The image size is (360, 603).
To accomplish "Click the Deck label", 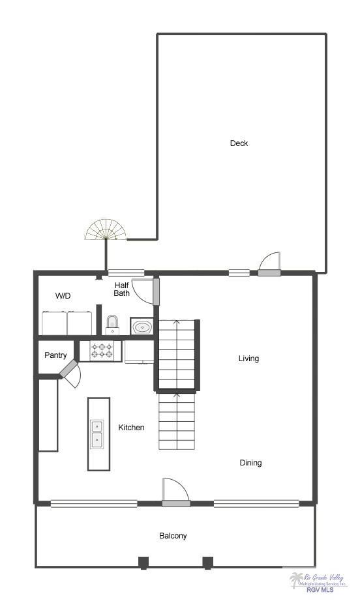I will click(239, 143).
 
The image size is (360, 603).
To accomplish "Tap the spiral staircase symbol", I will click(106, 230).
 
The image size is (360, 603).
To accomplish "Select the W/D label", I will click(63, 296).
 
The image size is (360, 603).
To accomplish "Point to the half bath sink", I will click(142, 326).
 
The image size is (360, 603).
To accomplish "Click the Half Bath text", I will click(122, 289).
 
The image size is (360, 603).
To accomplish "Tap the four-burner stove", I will click(101, 351).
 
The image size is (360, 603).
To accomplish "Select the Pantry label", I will click(55, 355).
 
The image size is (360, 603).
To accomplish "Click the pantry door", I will click(70, 371).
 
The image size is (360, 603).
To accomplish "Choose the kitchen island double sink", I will click(97, 434).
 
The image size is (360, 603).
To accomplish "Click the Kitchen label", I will click(131, 428).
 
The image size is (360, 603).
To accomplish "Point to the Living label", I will click(248, 359).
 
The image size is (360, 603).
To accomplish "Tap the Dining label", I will click(250, 463).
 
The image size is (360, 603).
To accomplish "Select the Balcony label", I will click(173, 536).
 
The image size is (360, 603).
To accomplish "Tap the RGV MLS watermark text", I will click(320, 590).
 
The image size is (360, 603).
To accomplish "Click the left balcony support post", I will click(143, 562).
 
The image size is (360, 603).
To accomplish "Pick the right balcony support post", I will click(208, 562).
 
